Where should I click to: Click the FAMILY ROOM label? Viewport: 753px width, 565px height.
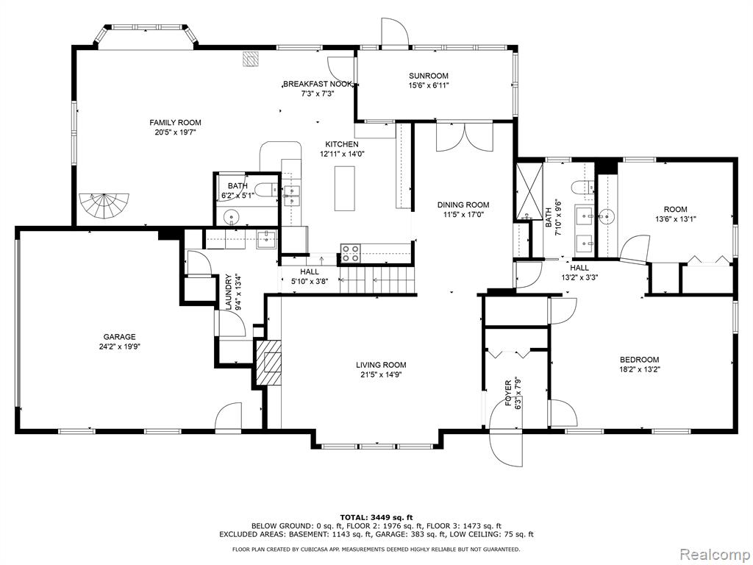pos(175,123)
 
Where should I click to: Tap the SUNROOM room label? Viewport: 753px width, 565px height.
pos(429,76)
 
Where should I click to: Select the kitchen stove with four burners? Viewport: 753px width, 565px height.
pos(351,253)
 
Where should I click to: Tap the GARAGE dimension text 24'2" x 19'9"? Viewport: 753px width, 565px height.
pos(120,346)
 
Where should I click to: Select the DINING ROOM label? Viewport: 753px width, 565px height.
pos(463,205)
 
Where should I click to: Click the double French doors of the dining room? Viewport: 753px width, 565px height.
pos(465,138)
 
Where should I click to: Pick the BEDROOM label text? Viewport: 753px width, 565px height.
pos(639,359)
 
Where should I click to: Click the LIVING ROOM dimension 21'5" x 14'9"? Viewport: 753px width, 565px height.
pos(381,374)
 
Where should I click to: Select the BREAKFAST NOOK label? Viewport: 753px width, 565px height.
pos(317,84)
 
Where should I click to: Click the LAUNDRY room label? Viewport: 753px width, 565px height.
pos(229,291)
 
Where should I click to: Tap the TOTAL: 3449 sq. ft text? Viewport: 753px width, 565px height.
pos(376,517)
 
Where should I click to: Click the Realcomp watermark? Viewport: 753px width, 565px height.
pos(715,553)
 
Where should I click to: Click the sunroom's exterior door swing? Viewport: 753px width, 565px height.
pos(394,32)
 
